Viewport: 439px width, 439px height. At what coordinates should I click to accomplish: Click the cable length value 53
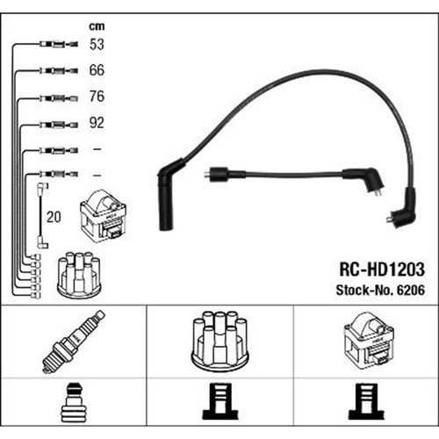tap(97, 45)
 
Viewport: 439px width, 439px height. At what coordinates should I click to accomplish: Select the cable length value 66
tap(97, 70)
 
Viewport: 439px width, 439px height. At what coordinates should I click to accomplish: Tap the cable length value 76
tap(97, 97)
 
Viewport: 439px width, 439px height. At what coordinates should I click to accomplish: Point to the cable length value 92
tap(97, 123)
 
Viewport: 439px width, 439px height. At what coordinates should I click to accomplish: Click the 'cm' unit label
tap(97, 26)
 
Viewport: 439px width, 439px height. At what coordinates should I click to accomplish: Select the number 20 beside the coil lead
tap(54, 217)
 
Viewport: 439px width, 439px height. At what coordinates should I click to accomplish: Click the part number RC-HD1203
tap(382, 270)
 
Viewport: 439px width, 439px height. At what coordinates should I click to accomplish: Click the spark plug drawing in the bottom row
tap(74, 342)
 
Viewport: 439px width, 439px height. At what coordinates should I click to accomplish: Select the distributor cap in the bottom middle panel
tap(219, 341)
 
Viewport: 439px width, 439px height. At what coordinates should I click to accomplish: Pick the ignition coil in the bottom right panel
tap(369, 339)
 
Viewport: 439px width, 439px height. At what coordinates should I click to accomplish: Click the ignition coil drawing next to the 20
tap(104, 216)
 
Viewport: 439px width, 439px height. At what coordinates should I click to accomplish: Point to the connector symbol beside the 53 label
tap(59, 45)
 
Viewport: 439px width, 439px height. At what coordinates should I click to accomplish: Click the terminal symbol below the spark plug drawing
tap(74, 402)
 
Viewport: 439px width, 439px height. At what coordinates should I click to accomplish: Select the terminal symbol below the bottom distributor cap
tap(220, 401)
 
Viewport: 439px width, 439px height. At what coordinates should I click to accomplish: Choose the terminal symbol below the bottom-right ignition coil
tap(366, 401)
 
